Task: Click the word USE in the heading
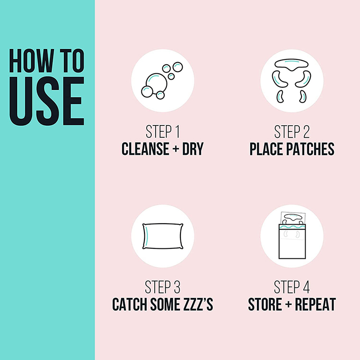pos(47,101)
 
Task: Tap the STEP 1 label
pos(162,132)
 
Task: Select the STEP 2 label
pos(292,132)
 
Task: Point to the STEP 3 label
pos(162,287)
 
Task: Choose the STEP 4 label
pos(292,287)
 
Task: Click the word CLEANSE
pos(145,149)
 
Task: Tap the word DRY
pos(193,149)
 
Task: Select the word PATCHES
pos(311,149)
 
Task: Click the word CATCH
pos(130,305)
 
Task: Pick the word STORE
pos(265,305)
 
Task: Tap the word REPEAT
pos(315,305)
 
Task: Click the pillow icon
pos(163,236)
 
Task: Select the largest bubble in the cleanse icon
pos(156,83)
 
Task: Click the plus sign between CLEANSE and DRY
pos(175,149)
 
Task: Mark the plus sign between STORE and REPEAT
pos(288,304)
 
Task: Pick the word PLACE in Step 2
pos(267,149)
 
